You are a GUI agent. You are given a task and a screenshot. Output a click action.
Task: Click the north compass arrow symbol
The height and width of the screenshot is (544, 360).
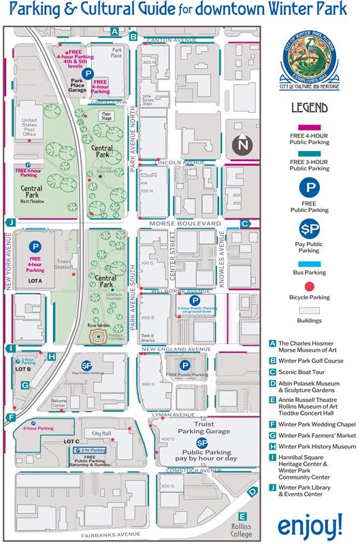pos(242,143)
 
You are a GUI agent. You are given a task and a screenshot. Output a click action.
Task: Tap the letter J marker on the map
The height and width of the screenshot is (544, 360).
pos(10,222)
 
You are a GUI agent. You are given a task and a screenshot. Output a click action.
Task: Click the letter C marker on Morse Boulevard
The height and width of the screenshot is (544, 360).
pos(244,223)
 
